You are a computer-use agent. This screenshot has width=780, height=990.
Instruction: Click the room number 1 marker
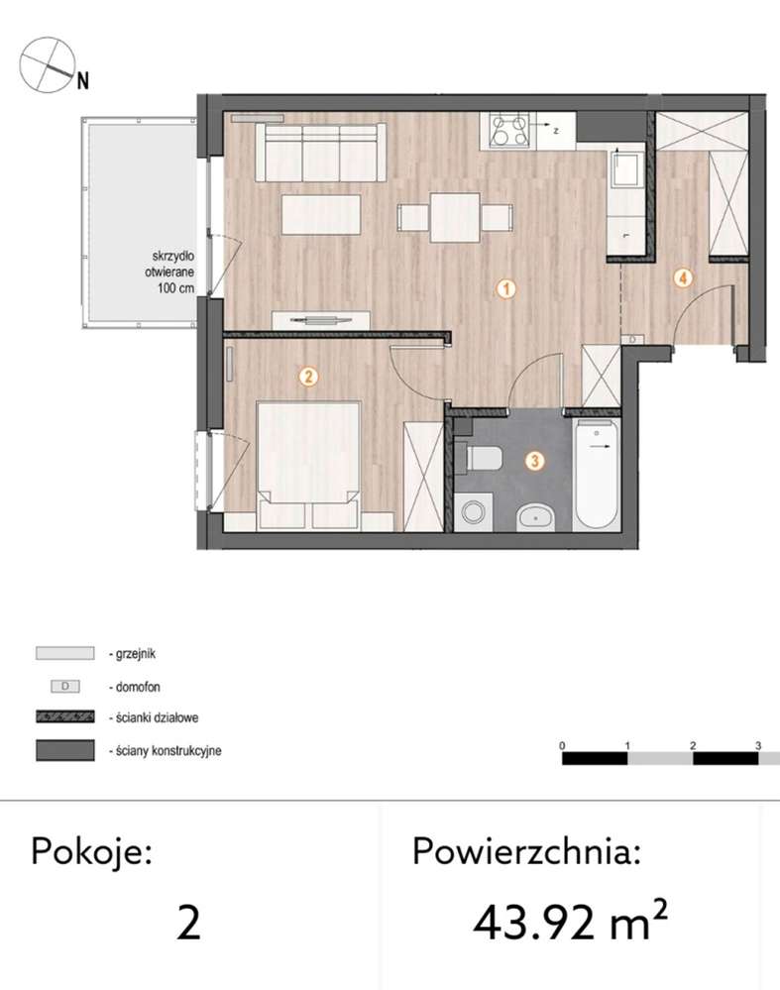click(x=505, y=289)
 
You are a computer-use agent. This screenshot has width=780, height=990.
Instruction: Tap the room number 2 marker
click(x=308, y=376)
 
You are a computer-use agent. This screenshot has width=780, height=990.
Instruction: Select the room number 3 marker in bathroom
click(x=534, y=461)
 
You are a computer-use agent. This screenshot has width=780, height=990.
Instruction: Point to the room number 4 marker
click(x=682, y=278)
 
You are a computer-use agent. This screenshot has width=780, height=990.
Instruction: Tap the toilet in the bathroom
click(x=483, y=458)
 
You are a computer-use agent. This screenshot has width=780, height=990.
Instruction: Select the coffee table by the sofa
click(x=321, y=214)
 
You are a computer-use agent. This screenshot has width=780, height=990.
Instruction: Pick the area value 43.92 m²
click(x=570, y=923)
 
